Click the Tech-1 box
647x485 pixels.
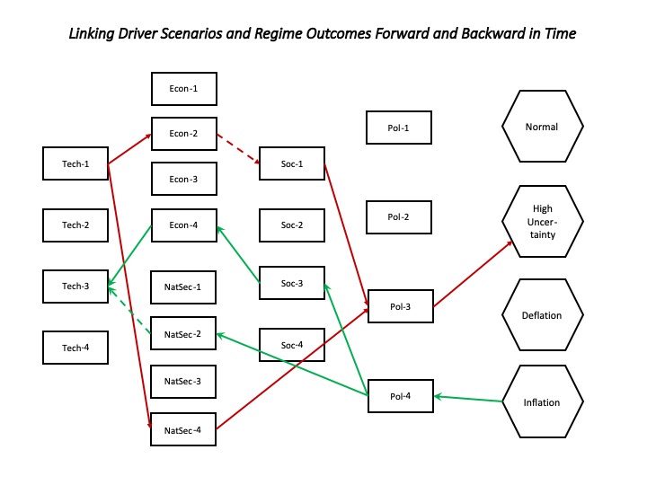75,163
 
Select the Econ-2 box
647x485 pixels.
184,134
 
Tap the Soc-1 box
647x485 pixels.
292,163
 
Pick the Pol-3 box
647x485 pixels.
401,306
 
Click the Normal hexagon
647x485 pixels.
543,127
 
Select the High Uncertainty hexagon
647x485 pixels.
543,222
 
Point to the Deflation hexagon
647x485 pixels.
543,315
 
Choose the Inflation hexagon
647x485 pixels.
543,401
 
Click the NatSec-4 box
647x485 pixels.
183,429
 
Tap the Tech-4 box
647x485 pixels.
75,348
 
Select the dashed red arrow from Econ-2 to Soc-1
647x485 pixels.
238,149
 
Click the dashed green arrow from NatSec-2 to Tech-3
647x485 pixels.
129,310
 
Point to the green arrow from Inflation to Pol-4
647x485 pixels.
468,399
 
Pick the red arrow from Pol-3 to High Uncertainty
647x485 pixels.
473,274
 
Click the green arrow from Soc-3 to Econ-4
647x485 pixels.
238,254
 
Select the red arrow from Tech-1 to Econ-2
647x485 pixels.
129,149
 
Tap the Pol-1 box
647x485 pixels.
399,128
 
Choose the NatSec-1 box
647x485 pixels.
183,287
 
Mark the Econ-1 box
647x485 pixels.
184,89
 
